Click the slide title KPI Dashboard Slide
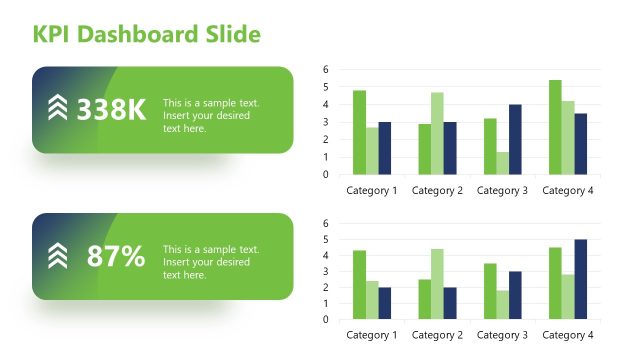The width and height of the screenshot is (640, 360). pos(147,35)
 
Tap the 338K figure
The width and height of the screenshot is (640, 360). pos(111,110)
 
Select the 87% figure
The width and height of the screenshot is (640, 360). pos(116,256)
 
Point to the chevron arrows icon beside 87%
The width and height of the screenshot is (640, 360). pos(58,256)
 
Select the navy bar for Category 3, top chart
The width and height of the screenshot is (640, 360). pos(515,139)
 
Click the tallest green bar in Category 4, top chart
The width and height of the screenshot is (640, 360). pos(555,127)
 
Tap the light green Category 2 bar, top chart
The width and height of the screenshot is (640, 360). pos(437,133)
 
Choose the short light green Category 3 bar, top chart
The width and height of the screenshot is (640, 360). pos(502,163)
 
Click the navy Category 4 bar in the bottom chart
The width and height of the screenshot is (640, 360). pos(581,279)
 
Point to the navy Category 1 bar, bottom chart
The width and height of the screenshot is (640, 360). pos(385,303)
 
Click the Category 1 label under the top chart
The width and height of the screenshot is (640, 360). pos(372,190)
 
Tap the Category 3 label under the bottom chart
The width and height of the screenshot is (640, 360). pos(502,336)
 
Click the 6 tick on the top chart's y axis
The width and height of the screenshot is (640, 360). pos(326,69)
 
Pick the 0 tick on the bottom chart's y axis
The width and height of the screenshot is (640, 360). pos(326,320)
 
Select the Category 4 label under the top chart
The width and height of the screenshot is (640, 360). pos(568,190)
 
